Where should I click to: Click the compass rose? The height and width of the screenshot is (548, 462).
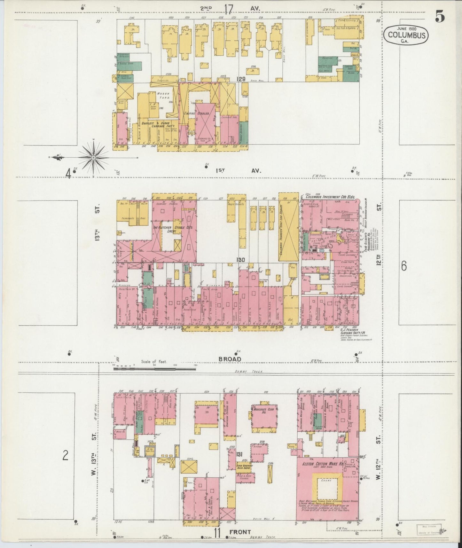93,157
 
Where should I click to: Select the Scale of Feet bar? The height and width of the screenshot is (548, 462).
155,368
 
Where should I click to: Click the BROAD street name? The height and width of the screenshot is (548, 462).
230,359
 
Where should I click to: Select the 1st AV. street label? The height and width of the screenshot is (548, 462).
238,171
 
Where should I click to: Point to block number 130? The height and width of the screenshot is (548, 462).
241,260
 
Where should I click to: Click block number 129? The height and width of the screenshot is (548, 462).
241,79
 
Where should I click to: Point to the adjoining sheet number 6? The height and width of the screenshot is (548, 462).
404,266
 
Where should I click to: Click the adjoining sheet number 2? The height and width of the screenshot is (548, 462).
65,455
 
